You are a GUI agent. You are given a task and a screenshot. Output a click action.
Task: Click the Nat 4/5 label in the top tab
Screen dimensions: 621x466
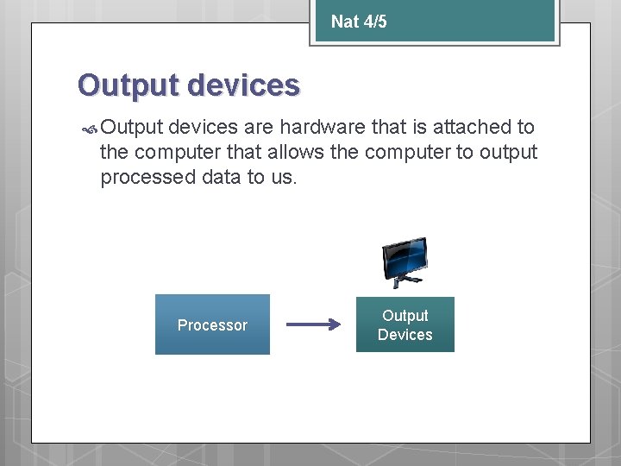pos(359,22)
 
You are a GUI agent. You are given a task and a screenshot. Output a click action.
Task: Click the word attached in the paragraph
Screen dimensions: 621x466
pos(473,127)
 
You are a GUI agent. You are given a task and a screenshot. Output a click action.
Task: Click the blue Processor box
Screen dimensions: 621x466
pos(212,324)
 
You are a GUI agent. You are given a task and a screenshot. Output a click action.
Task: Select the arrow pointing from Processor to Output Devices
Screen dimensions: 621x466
pos(313,325)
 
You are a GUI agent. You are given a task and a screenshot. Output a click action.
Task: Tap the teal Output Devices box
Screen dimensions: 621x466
pos(405,324)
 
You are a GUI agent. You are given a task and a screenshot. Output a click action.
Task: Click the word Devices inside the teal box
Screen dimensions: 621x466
pos(405,335)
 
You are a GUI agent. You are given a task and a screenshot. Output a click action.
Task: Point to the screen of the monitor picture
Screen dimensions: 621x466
pos(405,256)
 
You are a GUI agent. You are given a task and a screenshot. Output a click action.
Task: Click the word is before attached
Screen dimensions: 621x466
pos(420,127)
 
